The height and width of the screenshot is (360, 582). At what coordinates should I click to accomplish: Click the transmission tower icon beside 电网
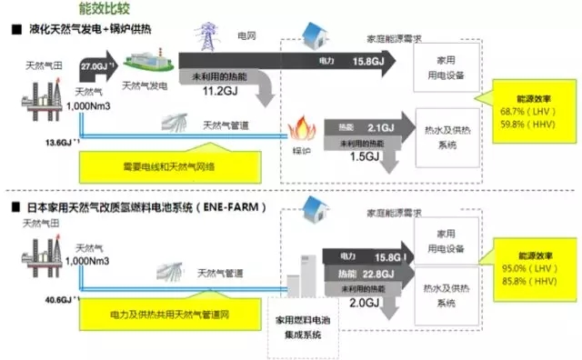206,40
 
